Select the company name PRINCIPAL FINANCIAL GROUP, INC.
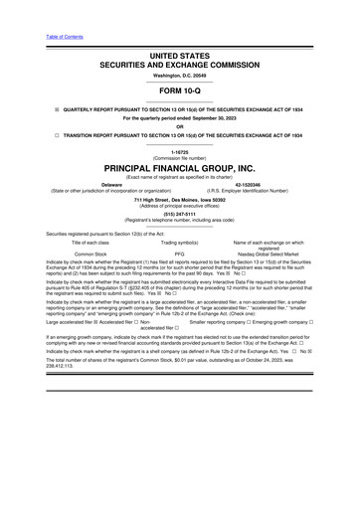click(180, 169)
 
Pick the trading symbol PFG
click(180, 254)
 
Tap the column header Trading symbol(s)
click(180, 243)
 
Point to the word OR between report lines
click(180, 126)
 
